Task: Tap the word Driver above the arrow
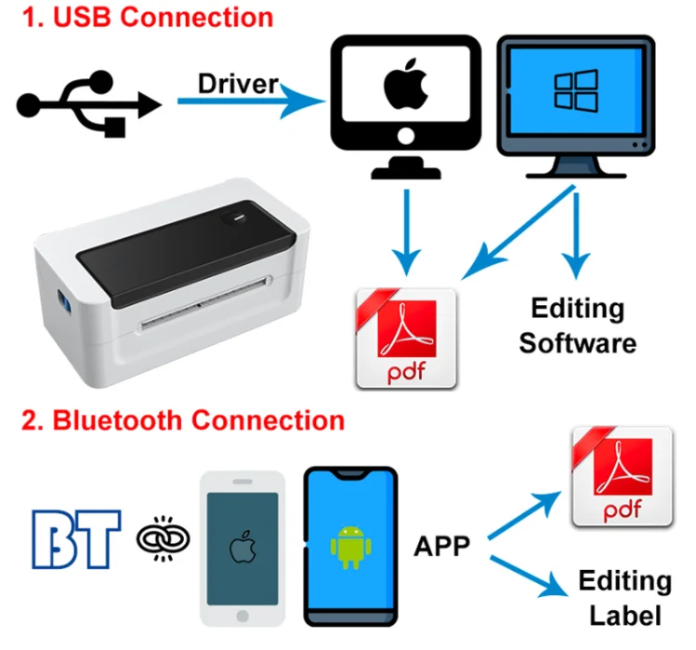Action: [x=238, y=83]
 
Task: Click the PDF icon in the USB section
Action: [x=407, y=338]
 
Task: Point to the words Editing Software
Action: [x=577, y=325]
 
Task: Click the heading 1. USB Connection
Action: [x=149, y=16]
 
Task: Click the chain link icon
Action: [x=163, y=537]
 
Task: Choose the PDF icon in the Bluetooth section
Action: [x=622, y=476]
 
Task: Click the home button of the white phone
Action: [x=242, y=615]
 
